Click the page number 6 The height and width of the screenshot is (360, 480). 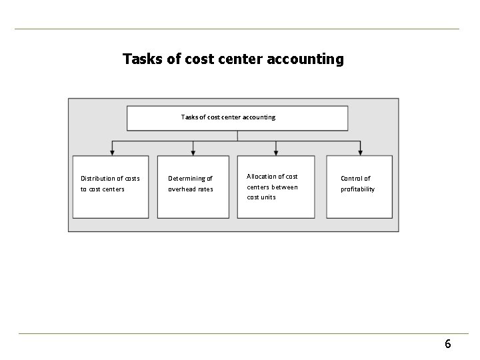click(448, 344)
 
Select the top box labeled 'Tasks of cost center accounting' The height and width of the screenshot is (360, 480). click(237, 118)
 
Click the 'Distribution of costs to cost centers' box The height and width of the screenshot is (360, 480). click(111, 187)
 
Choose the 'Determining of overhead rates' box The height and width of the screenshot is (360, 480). click(193, 187)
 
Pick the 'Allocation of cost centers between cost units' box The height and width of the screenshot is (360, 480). click(275, 187)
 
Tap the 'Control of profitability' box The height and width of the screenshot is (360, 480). click(359, 187)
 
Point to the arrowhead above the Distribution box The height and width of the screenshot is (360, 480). click(112, 153)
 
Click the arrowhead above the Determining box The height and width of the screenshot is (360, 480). click(193, 153)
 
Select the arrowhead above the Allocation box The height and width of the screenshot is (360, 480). click(276, 153)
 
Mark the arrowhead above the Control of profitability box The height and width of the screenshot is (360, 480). click(361, 153)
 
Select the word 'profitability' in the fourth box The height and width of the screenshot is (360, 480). click(358, 189)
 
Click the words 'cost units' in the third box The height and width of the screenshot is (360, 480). click(261, 197)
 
